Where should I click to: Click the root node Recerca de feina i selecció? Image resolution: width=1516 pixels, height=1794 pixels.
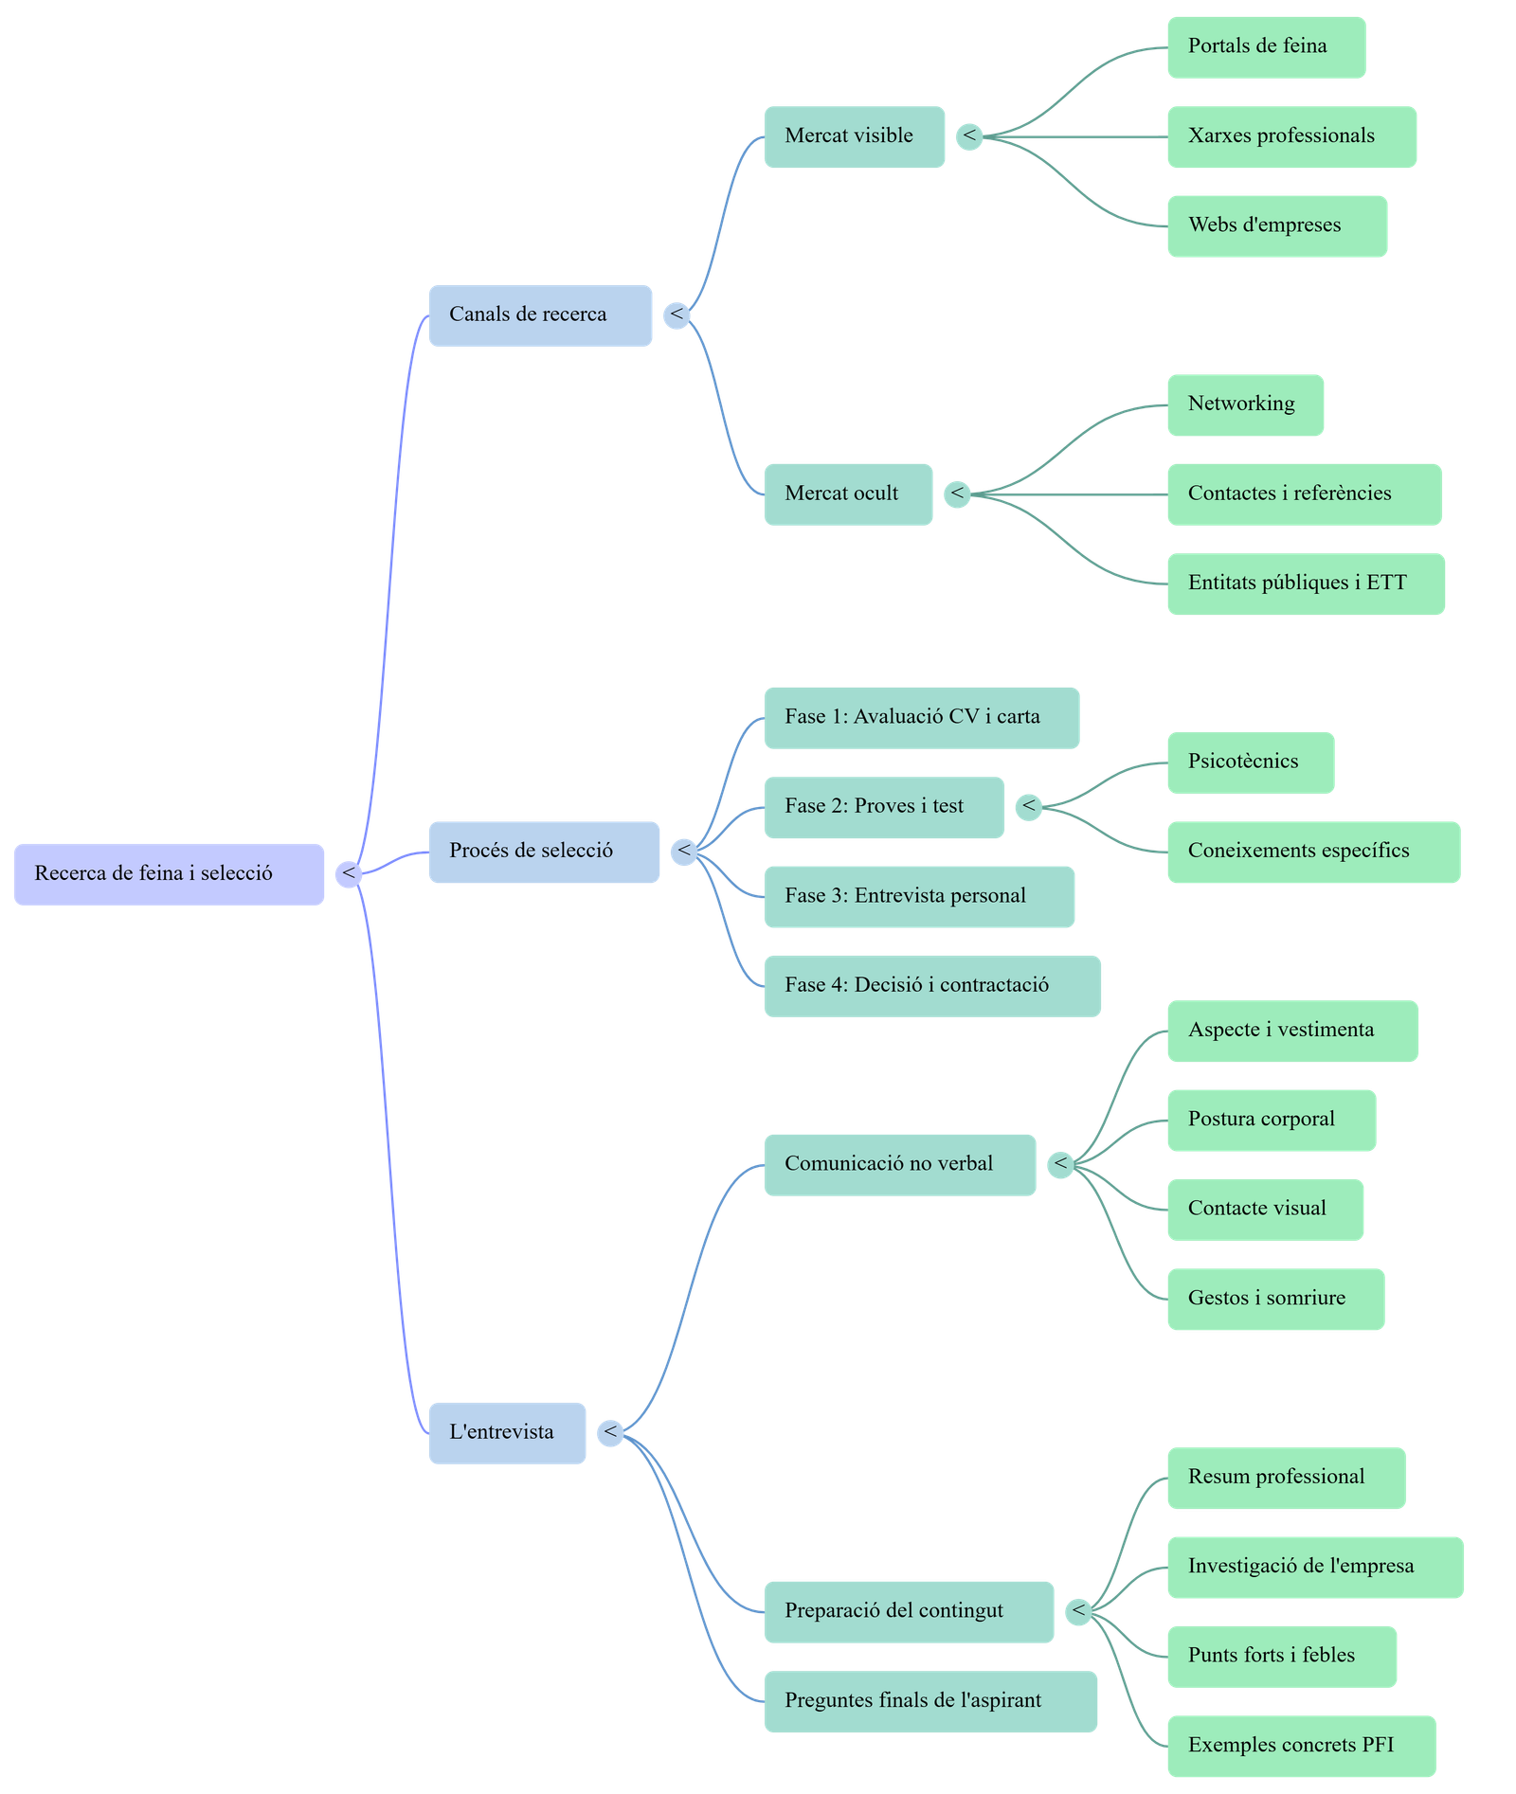coord(169,874)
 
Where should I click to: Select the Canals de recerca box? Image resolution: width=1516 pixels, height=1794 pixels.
coord(539,315)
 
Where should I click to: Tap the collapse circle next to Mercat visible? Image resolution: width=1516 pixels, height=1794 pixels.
coord(968,136)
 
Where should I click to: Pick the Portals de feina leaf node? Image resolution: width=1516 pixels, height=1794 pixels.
coord(1265,47)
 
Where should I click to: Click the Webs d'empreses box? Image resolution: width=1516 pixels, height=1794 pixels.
coord(1276,226)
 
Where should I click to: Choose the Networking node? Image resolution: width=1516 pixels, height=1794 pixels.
coord(1244,405)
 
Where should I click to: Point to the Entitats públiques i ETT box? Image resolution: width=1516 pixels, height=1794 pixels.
coord(1305,583)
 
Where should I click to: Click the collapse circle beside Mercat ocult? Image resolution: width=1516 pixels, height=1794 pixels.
coord(957,493)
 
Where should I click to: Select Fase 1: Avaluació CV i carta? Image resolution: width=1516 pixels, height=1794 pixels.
coord(920,718)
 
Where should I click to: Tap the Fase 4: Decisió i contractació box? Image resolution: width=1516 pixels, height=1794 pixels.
coord(931,986)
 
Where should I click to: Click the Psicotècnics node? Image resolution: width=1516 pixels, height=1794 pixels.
coord(1250,762)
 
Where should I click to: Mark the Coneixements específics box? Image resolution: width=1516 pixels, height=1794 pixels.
coord(1312,852)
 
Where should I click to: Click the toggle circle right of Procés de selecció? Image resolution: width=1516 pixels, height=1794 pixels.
coord(683,852)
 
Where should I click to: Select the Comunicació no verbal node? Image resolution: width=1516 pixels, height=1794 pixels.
coord(898,1164)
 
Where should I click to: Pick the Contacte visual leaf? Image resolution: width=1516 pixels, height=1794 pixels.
coord(1264,1210)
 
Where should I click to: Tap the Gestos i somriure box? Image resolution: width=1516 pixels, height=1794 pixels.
coord(1274,1299)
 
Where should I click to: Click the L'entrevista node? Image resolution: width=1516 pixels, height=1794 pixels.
coord(506,1433)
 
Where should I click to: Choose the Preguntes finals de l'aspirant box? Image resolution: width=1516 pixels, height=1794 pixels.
coord(929,1701)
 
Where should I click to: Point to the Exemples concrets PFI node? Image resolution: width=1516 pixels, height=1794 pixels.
coord(1300,1746)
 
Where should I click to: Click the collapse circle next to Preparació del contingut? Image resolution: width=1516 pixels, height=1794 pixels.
coord(1078,1611)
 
